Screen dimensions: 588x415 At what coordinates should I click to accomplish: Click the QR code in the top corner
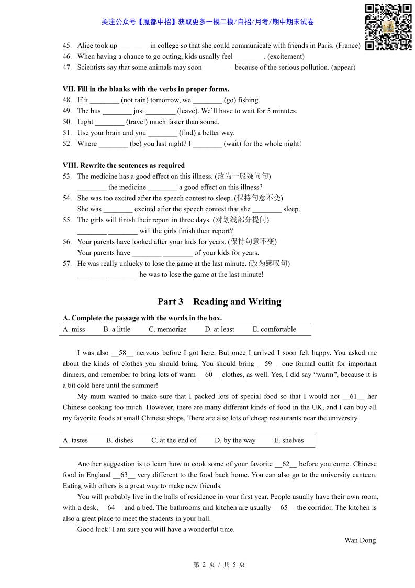pos(388,27)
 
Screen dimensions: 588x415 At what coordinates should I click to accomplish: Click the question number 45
pos(67,46)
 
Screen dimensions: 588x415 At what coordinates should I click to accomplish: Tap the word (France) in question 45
pos(348,46)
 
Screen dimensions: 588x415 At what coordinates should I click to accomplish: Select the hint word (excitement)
pos(286,57)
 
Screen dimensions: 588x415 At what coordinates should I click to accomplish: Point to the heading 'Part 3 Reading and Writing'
pos(219,302)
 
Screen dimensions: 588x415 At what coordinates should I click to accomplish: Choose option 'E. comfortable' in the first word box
pos(274,329)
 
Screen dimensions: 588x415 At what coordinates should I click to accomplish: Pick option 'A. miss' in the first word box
pos(74,329)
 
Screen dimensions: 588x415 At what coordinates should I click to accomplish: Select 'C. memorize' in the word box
pos(167,329)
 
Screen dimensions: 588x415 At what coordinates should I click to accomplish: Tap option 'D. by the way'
pos(235,440)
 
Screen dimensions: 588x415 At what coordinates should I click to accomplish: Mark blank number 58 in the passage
pos(122,353)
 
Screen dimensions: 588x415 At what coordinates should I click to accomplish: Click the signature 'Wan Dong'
pos(360,540)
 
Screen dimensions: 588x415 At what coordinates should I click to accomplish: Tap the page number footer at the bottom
pos(219,564)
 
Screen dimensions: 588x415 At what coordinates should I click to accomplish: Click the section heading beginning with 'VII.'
pos(146,89)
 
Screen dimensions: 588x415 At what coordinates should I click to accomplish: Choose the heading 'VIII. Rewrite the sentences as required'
pos(124,165)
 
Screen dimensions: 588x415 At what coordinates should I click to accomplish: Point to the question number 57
pos(67,264)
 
